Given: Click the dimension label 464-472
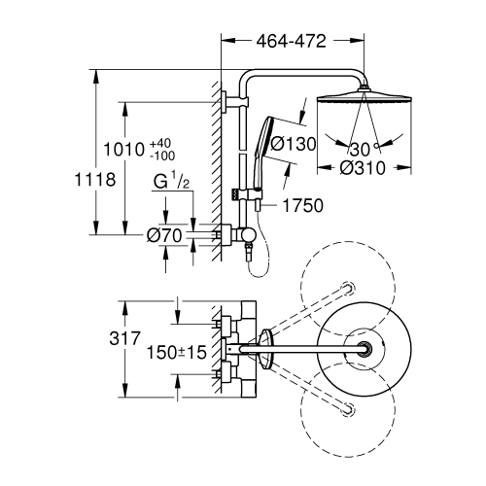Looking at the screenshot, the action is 291,42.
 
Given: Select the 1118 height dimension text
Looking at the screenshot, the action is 95,180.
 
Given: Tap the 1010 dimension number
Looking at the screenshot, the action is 123,150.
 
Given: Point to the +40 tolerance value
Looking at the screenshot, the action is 160,143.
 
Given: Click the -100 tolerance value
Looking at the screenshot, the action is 162,156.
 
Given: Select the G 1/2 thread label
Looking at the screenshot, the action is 171,181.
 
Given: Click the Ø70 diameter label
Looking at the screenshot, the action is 164,235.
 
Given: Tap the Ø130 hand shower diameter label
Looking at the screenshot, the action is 293,144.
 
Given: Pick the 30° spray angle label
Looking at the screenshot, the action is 363,149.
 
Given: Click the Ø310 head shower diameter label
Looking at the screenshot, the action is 363,168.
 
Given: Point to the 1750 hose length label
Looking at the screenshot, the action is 303,205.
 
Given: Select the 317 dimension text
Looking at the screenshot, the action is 124,338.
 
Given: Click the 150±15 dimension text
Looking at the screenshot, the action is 177,352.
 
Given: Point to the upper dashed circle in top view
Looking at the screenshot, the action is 348,289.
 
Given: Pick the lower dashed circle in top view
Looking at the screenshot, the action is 348,410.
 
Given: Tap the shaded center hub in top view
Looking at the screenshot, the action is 366,349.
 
